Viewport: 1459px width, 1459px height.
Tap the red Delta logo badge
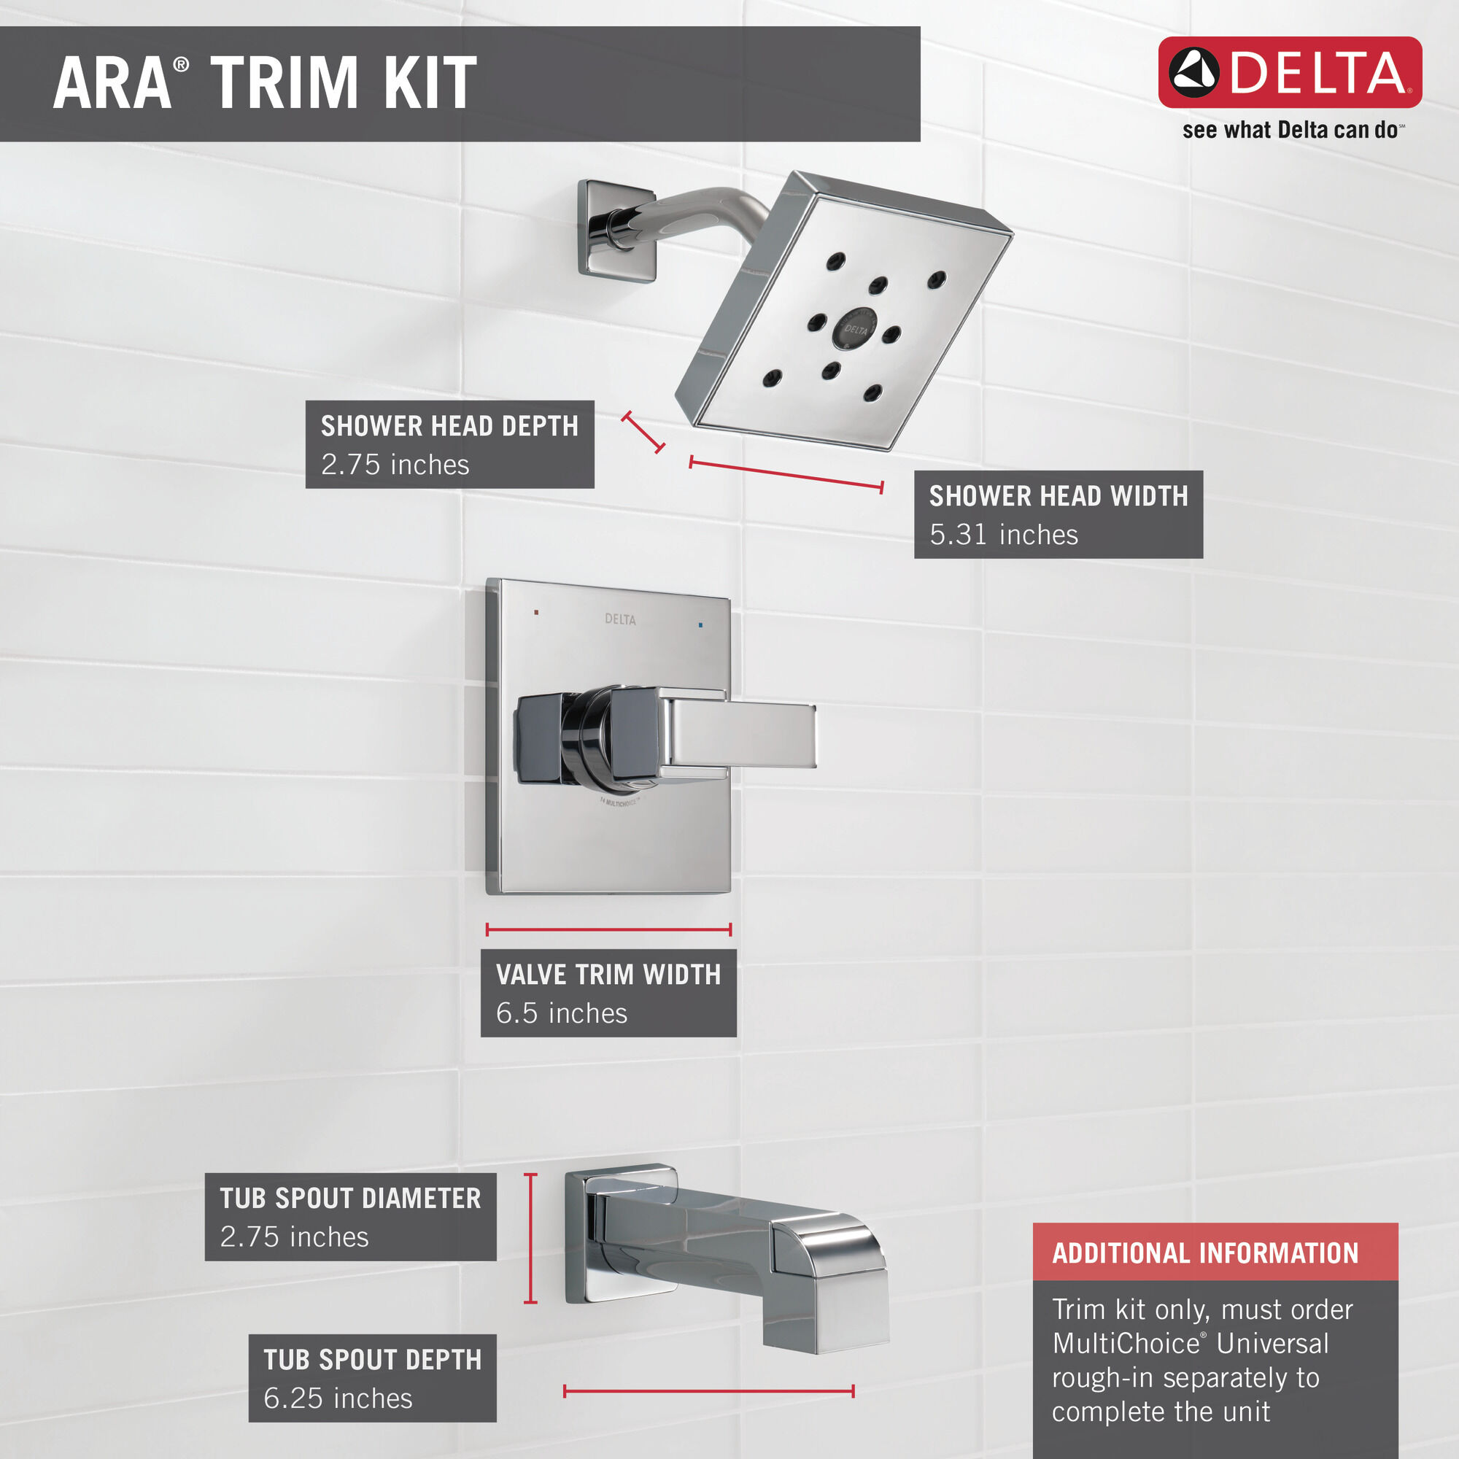(1289, 72)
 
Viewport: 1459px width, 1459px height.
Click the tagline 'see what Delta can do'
(1292, 131)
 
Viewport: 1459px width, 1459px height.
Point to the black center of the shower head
(855, 329)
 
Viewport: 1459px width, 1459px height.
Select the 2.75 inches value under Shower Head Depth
(395, 465)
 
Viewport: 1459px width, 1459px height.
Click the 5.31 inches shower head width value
(1003, 535)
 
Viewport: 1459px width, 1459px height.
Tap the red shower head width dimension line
(786, 474)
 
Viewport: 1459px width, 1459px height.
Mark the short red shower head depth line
(643, 432)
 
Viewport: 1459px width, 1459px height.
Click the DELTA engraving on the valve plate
(620, 619)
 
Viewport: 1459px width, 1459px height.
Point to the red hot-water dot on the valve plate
(536, 613)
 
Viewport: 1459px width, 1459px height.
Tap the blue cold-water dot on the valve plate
(701, 625)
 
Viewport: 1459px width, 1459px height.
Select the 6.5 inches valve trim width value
(561, 1013)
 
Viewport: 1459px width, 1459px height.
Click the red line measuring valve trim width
(608, 929)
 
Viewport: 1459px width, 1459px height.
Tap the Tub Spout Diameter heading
(350, 1199)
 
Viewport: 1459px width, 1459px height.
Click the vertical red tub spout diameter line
(531, 1239)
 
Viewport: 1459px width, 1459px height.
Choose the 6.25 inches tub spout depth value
(338, 1398)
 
